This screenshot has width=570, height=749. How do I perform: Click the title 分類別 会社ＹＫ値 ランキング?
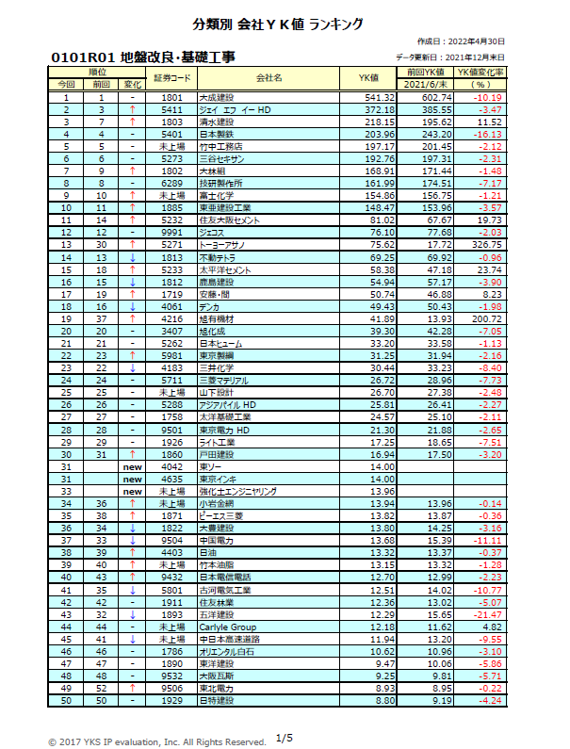(284, 24)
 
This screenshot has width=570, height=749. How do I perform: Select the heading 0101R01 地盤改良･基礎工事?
(145, 57)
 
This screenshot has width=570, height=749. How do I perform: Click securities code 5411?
(171, 109)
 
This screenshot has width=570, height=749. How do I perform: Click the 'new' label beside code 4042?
(131, 466)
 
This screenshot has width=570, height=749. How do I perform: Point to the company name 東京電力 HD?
(224, 429)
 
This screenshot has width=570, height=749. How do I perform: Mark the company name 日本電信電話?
(224, 577)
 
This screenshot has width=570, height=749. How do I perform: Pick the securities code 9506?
(171, 688)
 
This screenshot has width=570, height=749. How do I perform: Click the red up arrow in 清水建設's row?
(132, 122)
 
